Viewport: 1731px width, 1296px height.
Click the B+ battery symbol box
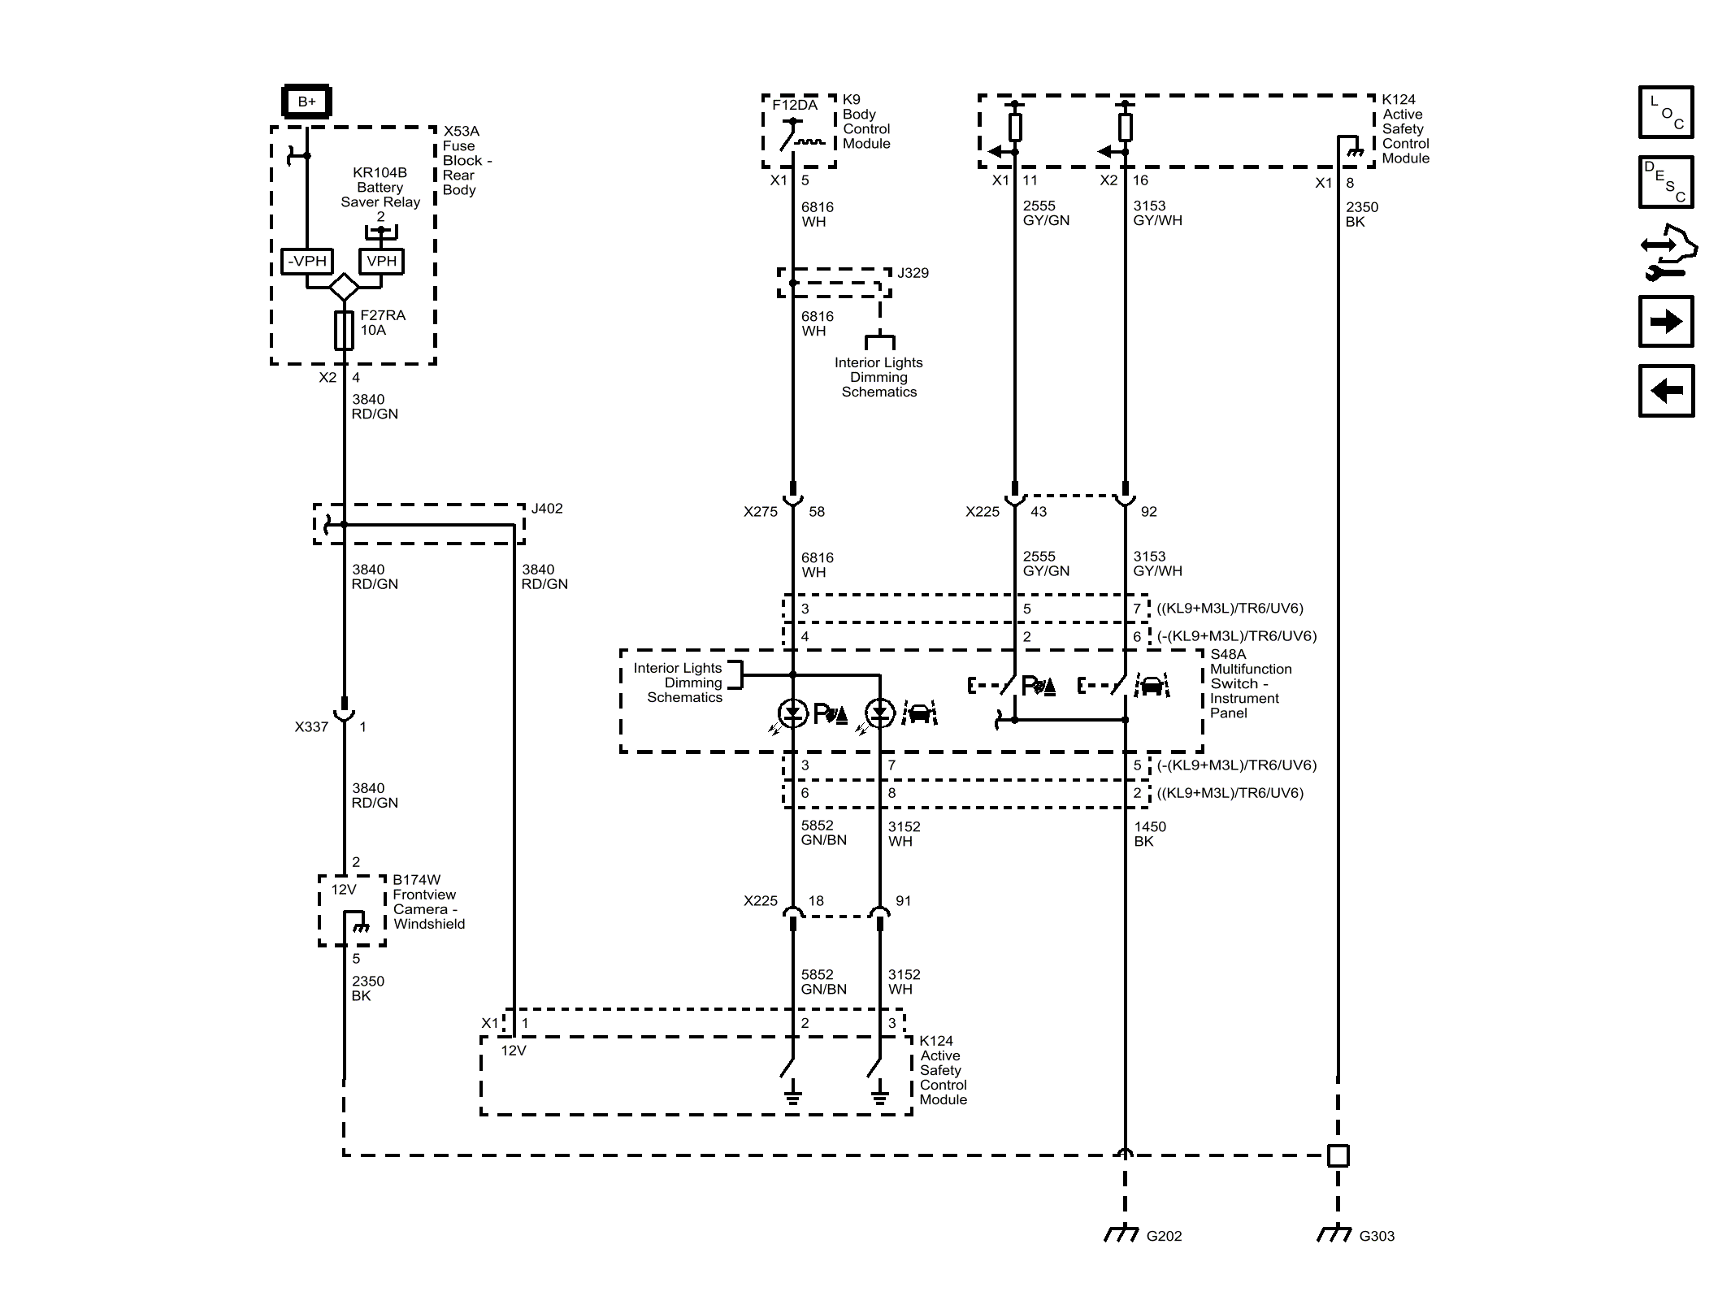click(x=306, y=102)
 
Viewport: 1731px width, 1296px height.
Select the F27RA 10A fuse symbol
click(x=344, y=330)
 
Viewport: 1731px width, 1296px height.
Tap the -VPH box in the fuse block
click(x=306, y=262)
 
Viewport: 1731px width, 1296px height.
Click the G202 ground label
click(x=1164, y=1236)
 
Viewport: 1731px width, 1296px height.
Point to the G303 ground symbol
click(x=1334, y=1234)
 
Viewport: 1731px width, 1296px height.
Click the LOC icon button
click(x=1665, y=112)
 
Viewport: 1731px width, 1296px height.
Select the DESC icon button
click(x=1665, y=182)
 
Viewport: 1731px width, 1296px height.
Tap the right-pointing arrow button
click(x=1665, y=322)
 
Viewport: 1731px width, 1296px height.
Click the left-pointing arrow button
click(x=1665, y=391)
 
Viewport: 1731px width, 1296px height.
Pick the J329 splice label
click(x=913, y=273)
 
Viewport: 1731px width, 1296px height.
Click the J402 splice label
click(x=547, y=509)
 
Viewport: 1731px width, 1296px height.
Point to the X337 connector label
click(x=311, y=727)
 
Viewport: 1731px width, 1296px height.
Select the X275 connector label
click(x=760, y=512)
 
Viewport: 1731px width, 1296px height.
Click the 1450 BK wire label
click(x=1149, y=834)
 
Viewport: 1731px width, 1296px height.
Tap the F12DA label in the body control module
click(x=795, y=106)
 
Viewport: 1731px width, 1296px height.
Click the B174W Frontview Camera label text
click(x=428, y=902)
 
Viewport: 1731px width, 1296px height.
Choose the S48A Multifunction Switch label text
click(x=1249, y=683)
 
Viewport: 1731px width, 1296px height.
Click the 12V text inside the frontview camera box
click(x=344, y=890)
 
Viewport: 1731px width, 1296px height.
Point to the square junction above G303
click(x=1338, y=1155)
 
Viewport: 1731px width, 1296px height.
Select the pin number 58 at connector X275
click(x=817, y=512)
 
